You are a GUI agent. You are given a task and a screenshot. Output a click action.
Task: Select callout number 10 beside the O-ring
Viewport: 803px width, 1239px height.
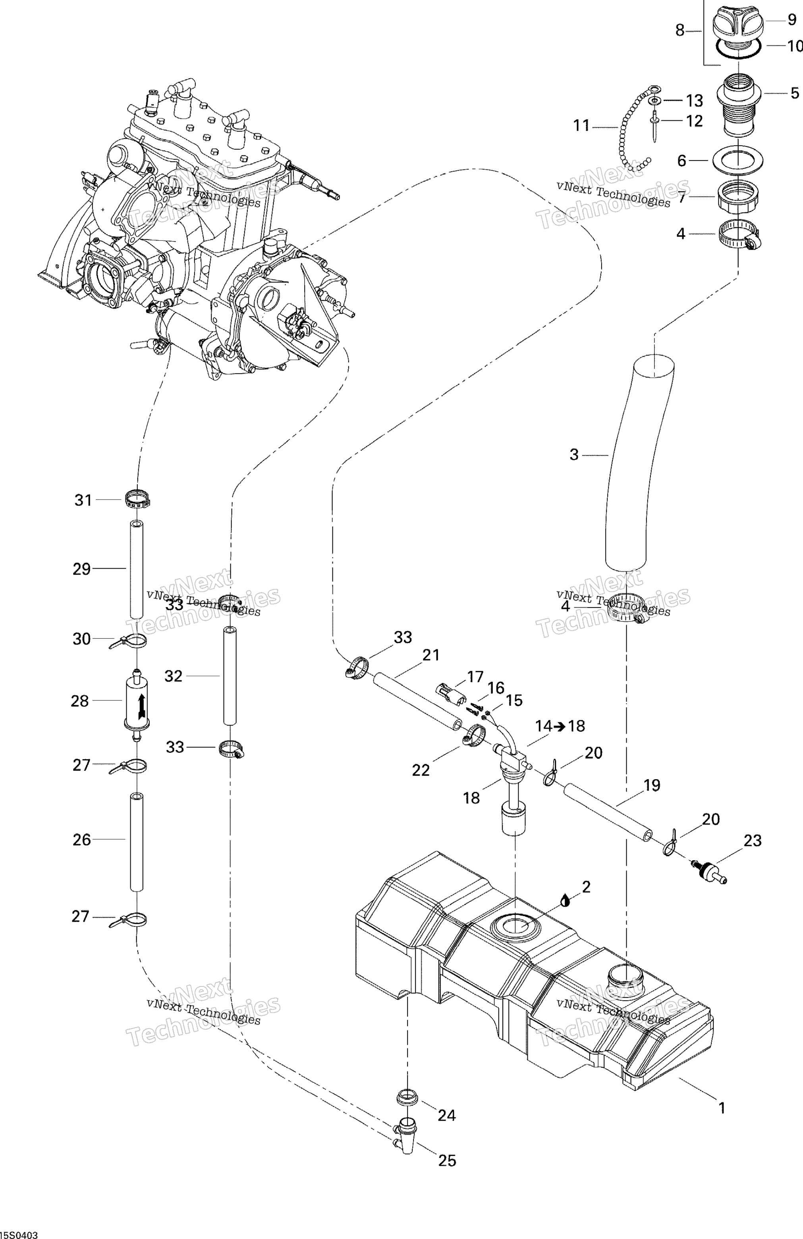(794, 46)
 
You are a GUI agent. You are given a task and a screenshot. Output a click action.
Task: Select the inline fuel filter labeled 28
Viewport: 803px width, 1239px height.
(137, 701)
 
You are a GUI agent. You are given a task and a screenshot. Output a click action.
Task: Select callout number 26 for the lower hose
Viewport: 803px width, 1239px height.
(82, 840)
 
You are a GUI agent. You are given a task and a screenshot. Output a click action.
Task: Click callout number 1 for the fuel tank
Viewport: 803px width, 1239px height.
(722, 1108)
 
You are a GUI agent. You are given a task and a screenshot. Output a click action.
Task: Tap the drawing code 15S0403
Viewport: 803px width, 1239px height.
(20, 1233)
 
